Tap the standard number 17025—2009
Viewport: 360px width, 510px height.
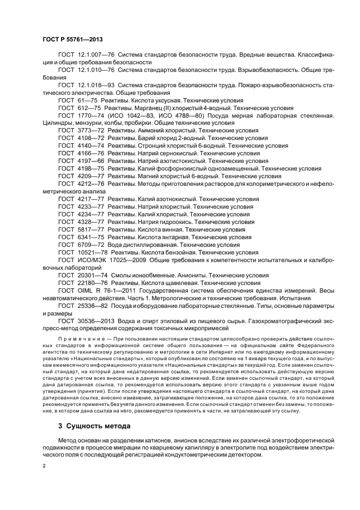pyautogui.click(x=137, y=260)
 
